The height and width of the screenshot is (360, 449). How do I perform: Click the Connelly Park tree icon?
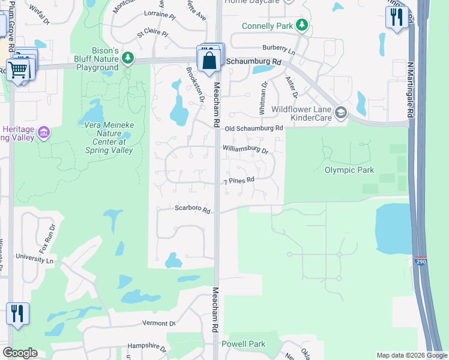click(303, 26)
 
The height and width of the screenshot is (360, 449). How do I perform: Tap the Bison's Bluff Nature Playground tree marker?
click(127, 58)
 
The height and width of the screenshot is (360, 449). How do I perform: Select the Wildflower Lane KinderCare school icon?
click(341, 113)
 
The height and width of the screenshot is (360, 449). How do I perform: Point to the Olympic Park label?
click(349, 170)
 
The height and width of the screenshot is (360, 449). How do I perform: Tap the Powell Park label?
click(243, 344)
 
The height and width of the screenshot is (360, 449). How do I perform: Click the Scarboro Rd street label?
click(192, 210)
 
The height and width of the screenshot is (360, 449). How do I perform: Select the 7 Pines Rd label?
click(239, 180)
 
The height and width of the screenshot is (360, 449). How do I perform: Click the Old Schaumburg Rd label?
click(253, 128)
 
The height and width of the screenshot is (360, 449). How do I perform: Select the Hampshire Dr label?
click(146, 347)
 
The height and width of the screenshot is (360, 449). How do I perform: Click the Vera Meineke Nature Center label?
click(104, 137)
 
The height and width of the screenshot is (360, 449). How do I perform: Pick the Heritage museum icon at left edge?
click(43, 132)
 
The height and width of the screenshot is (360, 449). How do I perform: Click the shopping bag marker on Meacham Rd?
click(209, 61)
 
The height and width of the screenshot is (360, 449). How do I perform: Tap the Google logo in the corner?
click(20, 353)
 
